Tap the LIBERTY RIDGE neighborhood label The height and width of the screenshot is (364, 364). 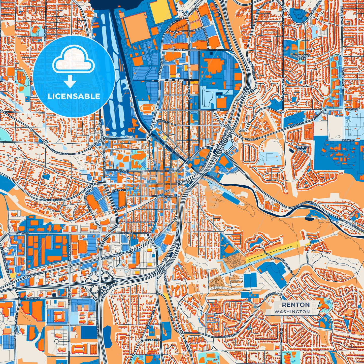click(302, 148)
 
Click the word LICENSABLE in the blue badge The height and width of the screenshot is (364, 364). click(74, 96)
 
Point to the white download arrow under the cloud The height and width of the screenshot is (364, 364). click(70, 81)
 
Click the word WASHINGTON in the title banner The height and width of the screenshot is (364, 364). click(292, 312)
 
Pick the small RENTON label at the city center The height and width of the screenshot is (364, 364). click(182, 182)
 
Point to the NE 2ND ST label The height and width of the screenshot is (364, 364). click(348, 140)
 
